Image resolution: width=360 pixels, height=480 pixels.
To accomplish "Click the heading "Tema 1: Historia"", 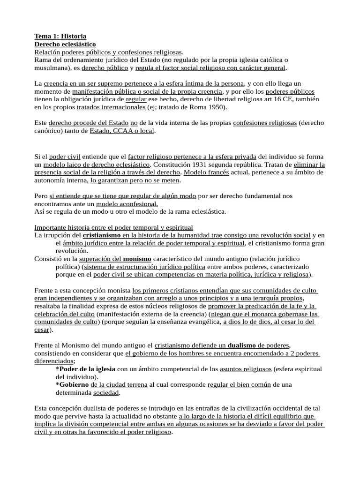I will click(x=60, y=36).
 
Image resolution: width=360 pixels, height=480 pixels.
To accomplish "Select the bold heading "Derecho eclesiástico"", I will click(x=65, y=44).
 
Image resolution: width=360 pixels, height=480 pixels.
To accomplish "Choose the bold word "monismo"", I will click(x=137, y=259).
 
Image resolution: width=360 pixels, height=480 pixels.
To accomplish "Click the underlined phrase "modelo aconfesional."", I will click(x=127, y=204).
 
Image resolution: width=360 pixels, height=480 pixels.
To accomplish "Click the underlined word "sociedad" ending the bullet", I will click(x=106, y=392).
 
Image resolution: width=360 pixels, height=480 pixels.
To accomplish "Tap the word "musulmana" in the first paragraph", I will click(x=52, y=68).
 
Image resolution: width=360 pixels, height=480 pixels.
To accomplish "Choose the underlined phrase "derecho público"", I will click(x=105, y=68).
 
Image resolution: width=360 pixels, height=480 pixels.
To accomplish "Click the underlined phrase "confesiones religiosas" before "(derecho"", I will click(x=264, y=123).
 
